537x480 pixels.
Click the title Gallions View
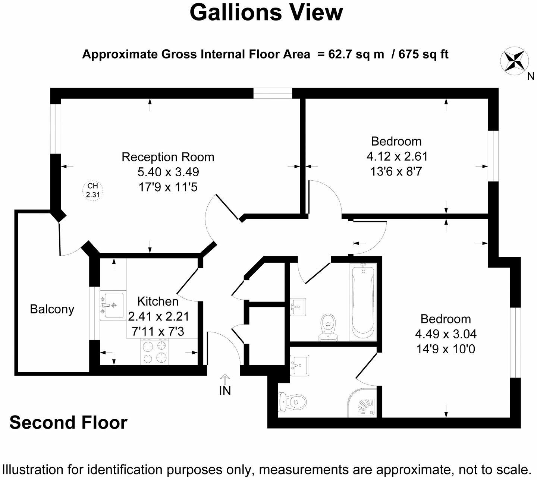click(266, 12)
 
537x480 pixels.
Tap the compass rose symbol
click(515, 60)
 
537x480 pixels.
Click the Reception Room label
click(168, 157)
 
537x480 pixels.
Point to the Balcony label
click(52, 309)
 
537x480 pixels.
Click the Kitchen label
click(158, 301)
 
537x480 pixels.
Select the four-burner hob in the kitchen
click(154, 351)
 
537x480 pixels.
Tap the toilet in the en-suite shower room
click(293, 402)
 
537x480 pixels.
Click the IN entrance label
click(225, 391)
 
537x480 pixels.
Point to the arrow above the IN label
click(225, 379)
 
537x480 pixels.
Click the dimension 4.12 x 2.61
click(397, 156)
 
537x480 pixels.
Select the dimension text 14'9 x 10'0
click(445, 349)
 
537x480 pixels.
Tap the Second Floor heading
click(68, 423)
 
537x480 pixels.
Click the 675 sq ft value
click(424, 54)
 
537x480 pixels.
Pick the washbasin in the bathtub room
click(298, 306)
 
